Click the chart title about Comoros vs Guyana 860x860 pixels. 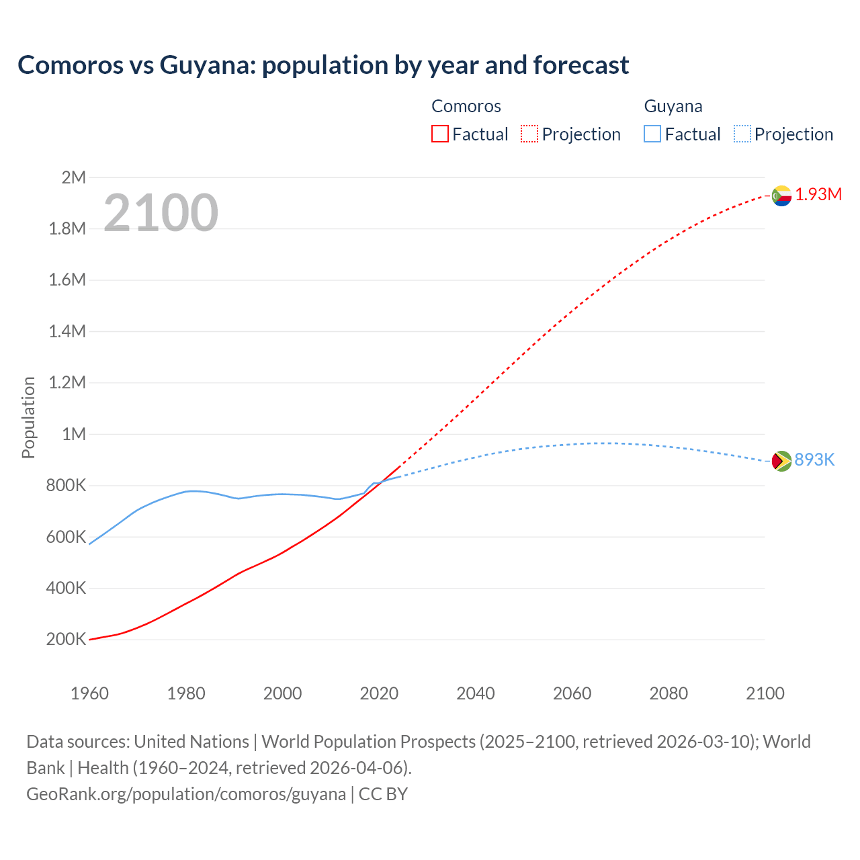click(323, 65)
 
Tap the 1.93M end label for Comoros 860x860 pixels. click(818, 195)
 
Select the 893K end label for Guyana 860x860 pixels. click(814, 460)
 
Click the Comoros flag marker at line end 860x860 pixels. click(781, 196)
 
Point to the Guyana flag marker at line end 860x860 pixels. click(781, 461)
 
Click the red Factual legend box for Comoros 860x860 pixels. click(439, 134)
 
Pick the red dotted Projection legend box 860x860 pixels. click(529, 134)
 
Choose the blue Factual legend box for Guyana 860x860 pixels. click(652, 134)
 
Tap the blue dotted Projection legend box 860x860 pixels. click(742, 134)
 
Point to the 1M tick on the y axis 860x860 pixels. click(74, 434)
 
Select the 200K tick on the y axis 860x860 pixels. click(67, 640)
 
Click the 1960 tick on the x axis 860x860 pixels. click(89, 693)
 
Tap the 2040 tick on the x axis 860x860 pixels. click(476, 693)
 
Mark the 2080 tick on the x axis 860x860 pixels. click(669, 693)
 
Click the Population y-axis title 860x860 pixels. click(28, 417)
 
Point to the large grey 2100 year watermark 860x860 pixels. click(161, 213)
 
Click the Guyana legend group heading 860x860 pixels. click(673, 106)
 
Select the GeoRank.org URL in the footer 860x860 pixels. click(186, 794)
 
